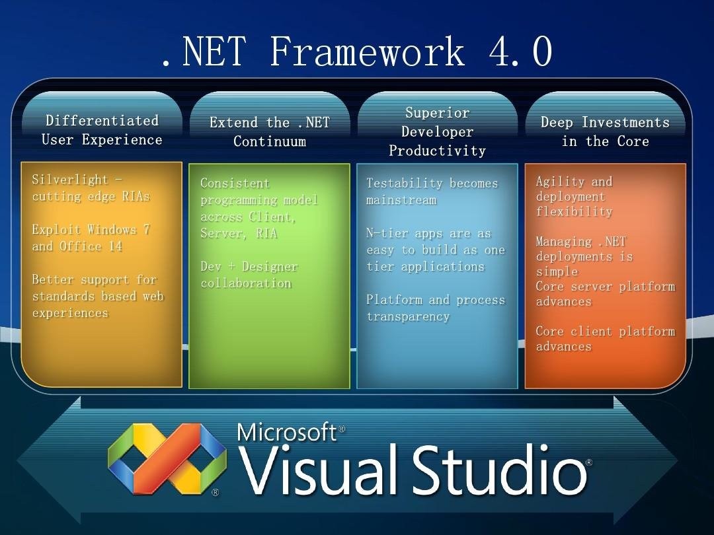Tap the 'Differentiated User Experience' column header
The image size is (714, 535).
click(x=102, y=130)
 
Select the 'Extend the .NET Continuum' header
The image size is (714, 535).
click(x=270, y=131)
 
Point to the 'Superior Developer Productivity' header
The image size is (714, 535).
click(x=437, y=132)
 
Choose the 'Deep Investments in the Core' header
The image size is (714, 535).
click(x=605, y=131)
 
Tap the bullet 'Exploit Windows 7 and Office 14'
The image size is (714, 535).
click(x=91, y=238)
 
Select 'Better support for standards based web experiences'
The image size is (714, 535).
click(x=97, y=296)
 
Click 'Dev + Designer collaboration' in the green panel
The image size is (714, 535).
click(x=249, y=275)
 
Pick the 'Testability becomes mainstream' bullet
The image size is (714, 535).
click(x=432, y=192)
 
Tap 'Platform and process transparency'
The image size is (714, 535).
click(x=435, y=308)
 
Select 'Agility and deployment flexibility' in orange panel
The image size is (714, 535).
click(x=574, y=196)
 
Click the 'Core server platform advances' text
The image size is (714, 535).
click(x=604, y=294)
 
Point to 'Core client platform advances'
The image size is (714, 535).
click(x=604, y=338)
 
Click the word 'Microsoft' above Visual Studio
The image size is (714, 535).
click(x=287, y=432)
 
